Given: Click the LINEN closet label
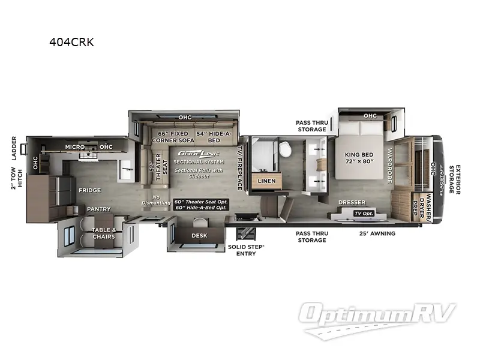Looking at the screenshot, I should (x=266, y=181).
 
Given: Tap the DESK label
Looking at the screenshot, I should (x=199, y=235).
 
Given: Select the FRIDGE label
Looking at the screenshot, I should (x=89, y=190).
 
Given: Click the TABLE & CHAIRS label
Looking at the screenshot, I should (x=103, y=233).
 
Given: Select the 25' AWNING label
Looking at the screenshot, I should (x=377, y=233).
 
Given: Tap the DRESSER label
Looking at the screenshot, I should (x=351, y=203).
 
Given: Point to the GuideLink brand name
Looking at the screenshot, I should (x=190, y=154).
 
